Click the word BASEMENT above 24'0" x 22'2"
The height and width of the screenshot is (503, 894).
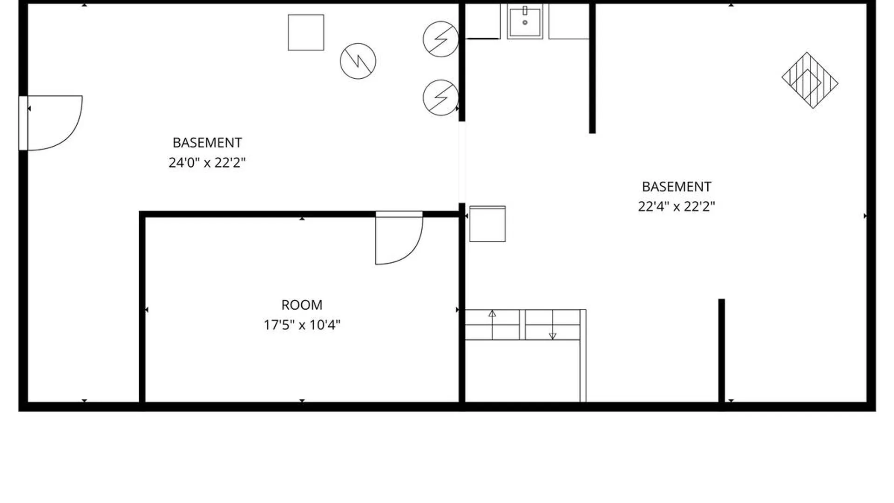(x=207, y=143)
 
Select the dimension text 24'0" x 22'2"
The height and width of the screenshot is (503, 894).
(x=207, y=163)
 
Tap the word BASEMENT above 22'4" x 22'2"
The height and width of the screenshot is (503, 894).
(x=677, y=187)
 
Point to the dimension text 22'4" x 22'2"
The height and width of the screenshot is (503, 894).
(x=676, y=206)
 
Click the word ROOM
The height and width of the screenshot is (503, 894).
(x=302, y=305)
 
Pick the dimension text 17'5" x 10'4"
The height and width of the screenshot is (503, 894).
(x=302, y=325)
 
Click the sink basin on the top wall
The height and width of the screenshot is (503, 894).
(x=525, y=21)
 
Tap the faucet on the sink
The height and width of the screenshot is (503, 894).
(x=525, y=10)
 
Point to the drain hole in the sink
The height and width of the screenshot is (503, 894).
(x=525, y=22)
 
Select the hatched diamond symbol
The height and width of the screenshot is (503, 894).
(x=810, y=80)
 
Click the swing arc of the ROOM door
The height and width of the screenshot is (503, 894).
(x=413, y=250)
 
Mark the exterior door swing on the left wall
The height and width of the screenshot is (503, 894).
(x=70, y=135)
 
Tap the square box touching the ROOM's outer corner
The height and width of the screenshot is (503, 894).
(x=488, y=224)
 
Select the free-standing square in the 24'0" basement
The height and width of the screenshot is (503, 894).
(x=306, y=33)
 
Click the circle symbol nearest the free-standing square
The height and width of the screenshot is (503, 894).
(x=358, y=61)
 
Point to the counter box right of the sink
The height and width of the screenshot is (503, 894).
(x=569, y=21)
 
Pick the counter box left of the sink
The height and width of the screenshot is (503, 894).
(x=483, y=21)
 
